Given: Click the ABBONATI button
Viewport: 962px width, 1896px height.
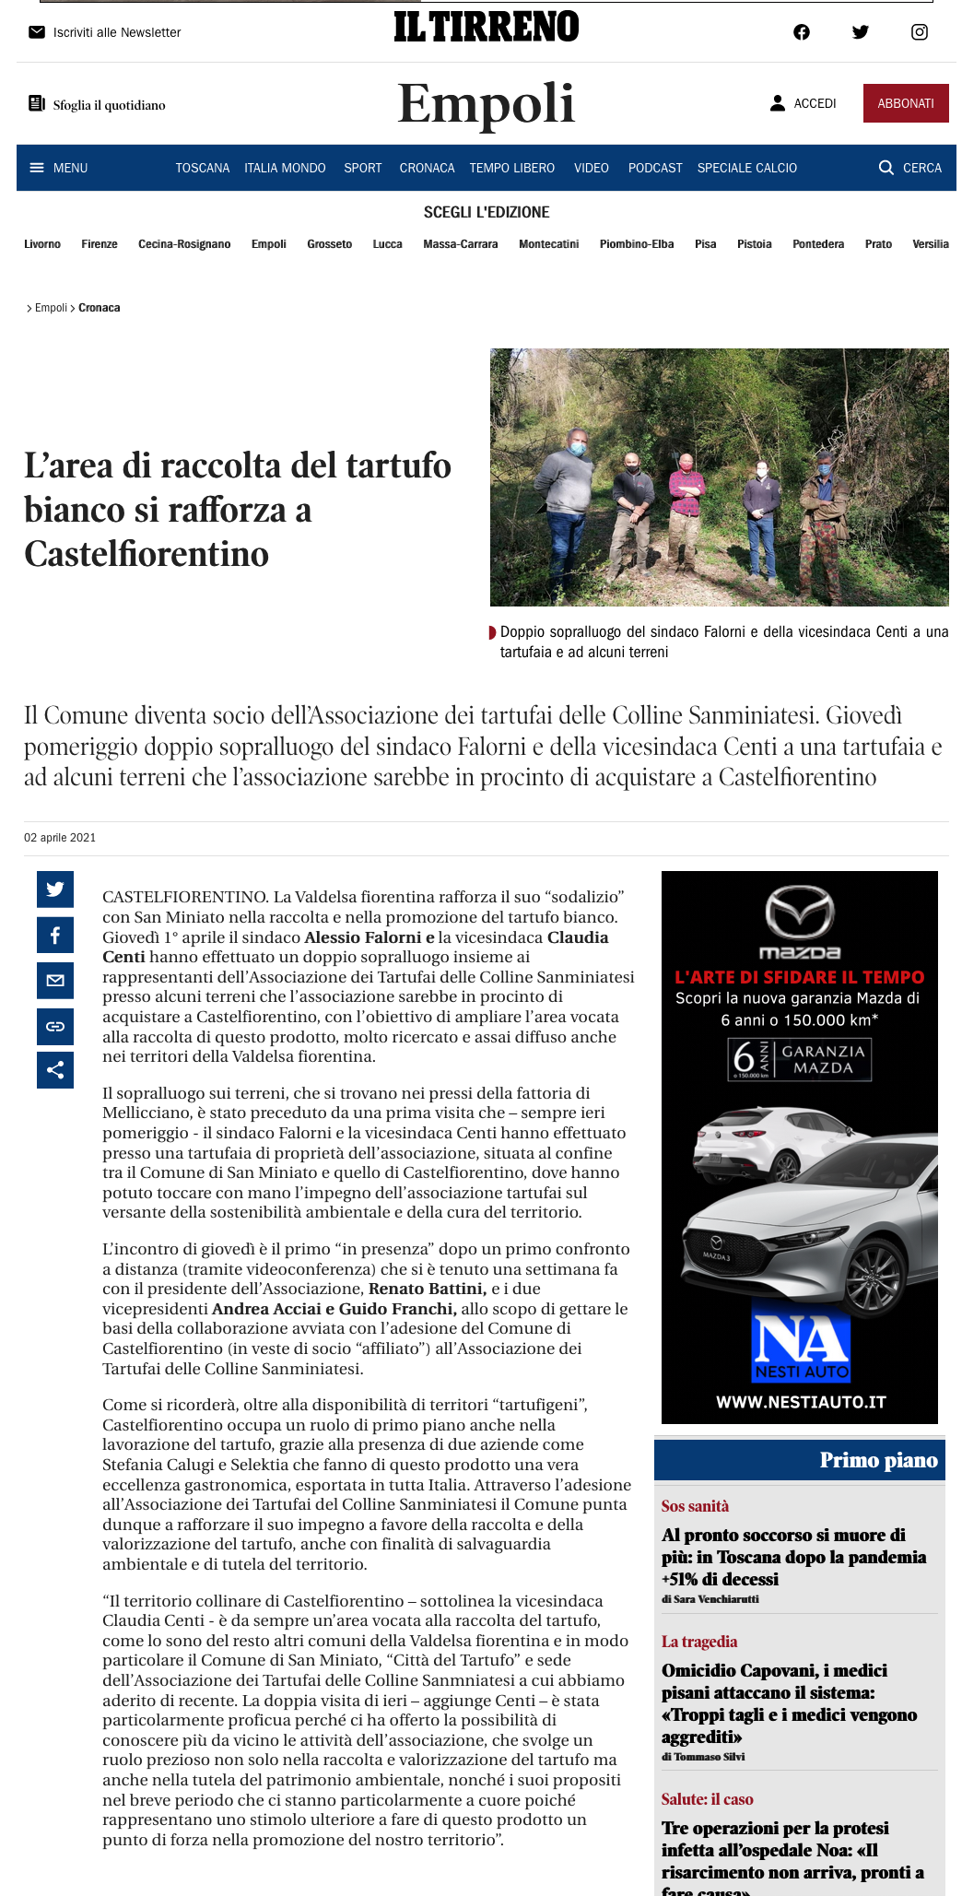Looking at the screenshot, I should tap(905, 103).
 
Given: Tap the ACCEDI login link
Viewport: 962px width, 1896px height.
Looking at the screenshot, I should tap(804, 103).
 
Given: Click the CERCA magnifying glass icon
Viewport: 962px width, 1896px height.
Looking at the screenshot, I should tap(886, 168).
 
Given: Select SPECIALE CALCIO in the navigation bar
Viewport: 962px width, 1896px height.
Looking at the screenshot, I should tap(746, 168).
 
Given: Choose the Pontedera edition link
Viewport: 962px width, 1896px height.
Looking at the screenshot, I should tap(817, 244).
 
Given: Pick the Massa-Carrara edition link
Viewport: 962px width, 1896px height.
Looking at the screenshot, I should tap(460, 244).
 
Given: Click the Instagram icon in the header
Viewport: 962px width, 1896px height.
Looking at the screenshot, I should tap(919, 32).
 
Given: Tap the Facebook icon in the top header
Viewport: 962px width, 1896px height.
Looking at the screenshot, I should tap(802, 32).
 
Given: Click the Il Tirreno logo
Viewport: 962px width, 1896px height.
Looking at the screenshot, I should tap(486, 27).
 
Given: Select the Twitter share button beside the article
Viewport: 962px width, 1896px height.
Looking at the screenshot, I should tap(55, 889).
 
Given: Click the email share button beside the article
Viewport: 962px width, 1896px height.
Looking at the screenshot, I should tap(55, 980).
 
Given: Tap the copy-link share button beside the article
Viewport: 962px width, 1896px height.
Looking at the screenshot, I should tap(55, 1026).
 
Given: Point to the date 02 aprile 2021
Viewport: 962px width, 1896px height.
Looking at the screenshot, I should tap(60, 838).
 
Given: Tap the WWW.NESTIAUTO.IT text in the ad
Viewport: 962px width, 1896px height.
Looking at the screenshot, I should tap(800, 1402).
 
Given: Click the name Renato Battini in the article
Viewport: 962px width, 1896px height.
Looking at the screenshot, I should tap(427, 1289).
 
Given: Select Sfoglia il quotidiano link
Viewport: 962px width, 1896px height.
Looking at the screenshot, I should tap(98, 105).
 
